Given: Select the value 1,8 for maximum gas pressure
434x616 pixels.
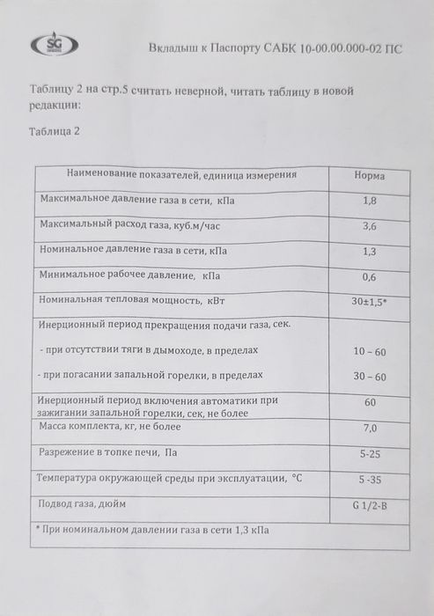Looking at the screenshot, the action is (x=370, y=202).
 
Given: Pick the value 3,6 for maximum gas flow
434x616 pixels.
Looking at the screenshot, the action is (x=370, y=226).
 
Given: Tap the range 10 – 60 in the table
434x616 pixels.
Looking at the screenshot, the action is (x=369, y=351).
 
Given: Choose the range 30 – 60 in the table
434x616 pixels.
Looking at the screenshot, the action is (x=369, y=377).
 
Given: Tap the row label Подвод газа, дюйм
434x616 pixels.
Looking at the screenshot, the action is (x=78, y=504).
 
